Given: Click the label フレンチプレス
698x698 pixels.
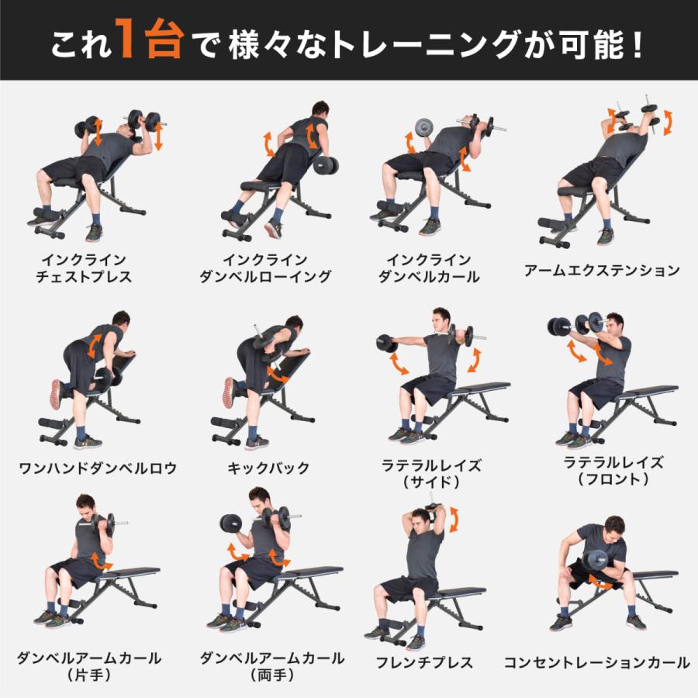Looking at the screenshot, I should click(424, 662).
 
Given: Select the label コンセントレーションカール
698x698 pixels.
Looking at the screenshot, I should click(596, 662).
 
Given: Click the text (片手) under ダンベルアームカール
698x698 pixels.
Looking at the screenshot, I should click(89, 675).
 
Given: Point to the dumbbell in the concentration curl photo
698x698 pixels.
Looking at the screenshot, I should click(598, 561).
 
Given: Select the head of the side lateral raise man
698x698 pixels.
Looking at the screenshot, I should click(441, 319).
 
